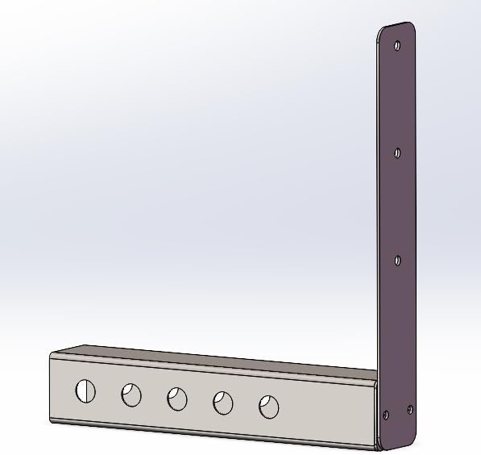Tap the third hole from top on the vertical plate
coord(397,259)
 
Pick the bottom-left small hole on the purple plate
coord(385,415)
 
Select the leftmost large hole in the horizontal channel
coord(85,391)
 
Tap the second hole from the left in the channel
coord(131,395)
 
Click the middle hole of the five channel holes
coord(177,399)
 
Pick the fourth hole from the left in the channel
coord(222,403)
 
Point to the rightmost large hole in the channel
coord(268,407)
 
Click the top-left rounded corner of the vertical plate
coord(381,31)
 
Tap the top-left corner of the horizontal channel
coord(52,356)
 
